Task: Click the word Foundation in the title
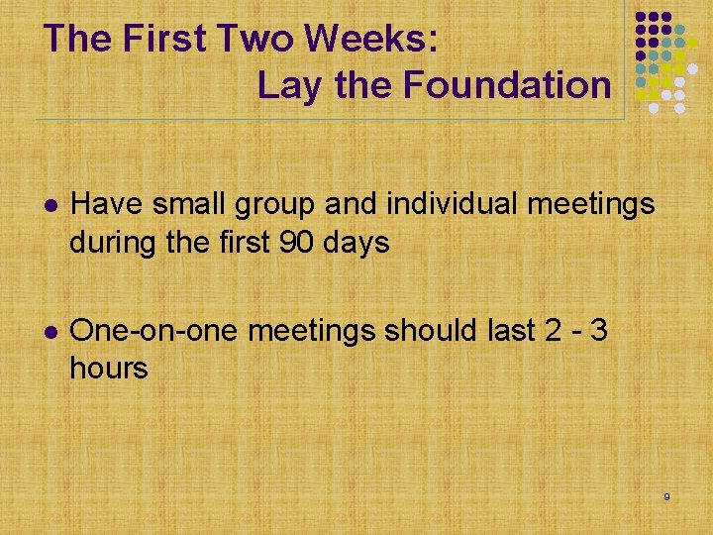pyautogui.click(x=506, y=85)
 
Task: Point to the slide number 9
pyautogui.click(x=666, y=495)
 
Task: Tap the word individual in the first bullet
pyautogui.click(x=455, y=204)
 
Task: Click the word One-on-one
pyautogui.click(x=155, y=329)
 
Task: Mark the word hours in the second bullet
pyautogui.click(x=109, y=369)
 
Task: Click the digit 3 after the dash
pyautogui.click(x=597, y=329)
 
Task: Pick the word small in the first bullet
pyautogui.click(x=188, y=204)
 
